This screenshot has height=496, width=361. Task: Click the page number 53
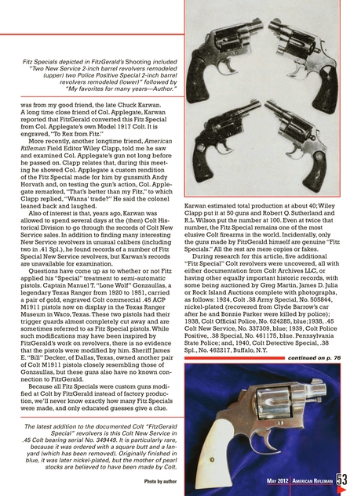(351, 480)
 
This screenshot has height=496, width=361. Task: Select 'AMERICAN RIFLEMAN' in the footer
(319, 482)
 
